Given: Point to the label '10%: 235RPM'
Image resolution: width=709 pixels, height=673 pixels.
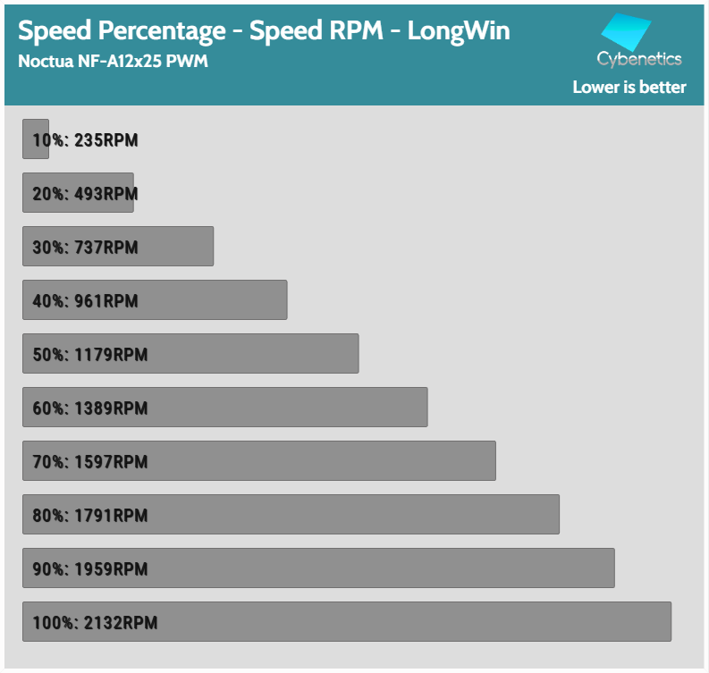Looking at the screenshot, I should (x=85, y=140).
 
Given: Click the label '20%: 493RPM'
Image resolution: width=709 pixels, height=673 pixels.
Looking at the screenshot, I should (x=85, y=194).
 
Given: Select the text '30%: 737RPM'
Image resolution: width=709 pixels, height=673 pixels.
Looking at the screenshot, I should (x=85, y=248).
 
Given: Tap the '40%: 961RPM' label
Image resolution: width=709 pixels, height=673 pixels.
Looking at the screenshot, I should (x=85, y=301).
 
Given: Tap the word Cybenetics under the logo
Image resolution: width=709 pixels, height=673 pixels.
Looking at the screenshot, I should (x=639, y=60).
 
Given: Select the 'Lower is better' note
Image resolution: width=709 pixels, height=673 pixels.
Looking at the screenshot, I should (x=629, y=87).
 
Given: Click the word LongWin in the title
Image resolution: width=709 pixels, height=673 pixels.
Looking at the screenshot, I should (x=459, y=31).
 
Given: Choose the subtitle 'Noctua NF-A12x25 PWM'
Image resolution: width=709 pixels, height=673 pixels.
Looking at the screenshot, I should (x=113, y=63).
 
